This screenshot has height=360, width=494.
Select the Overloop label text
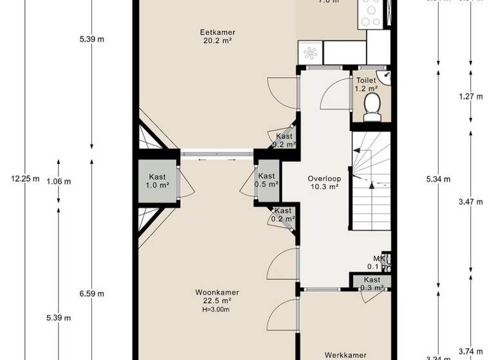coord(323,179)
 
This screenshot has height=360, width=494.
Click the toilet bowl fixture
coord(372,107)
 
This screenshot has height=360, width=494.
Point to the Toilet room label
coord(366,81)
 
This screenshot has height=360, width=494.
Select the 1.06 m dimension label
coord(59,181)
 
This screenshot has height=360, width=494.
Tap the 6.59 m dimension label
coord(92,294)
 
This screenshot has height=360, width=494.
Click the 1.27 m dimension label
coord(471,96)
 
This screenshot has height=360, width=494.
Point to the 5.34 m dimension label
coord(438,179)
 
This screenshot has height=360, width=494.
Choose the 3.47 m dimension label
coord(471,202)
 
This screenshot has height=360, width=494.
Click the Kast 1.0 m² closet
coord(158,181)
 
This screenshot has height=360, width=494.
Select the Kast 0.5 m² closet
coord(266,180)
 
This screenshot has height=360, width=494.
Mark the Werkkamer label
coord(345,355)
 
